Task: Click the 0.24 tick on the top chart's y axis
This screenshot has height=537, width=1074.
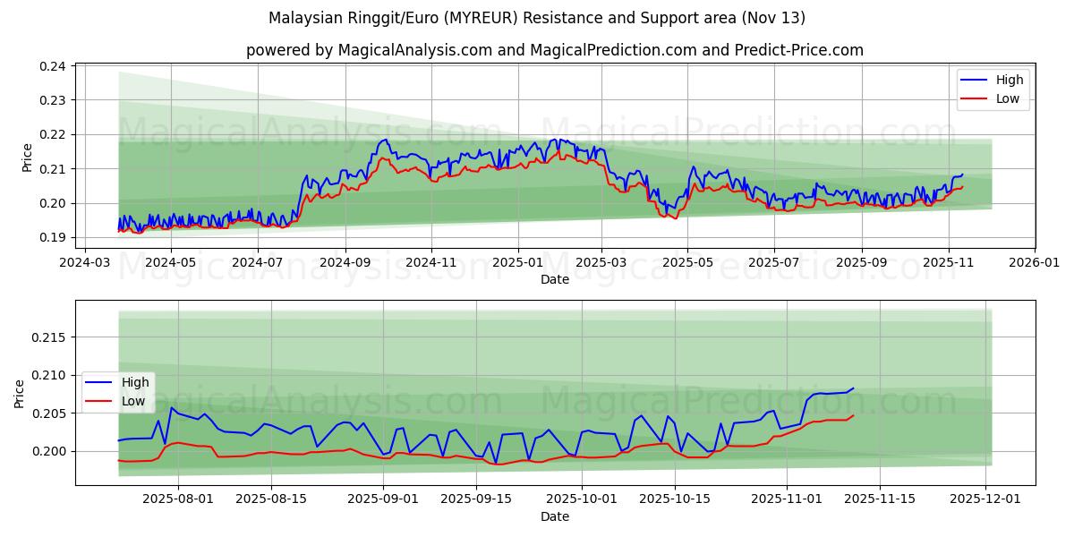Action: [x=53, y=66]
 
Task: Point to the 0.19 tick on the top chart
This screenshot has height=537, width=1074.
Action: [x=53, y=238]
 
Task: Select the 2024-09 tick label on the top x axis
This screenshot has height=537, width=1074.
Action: [x=345, y=263]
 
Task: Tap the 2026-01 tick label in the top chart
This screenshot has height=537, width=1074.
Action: [x=1035, y=263]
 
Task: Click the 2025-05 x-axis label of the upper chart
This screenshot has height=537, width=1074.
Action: [x=687, y=263]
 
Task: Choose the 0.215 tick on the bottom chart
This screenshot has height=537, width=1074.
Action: [x=49, y=337]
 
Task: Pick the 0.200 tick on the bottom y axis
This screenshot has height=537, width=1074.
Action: [x=49, y=452]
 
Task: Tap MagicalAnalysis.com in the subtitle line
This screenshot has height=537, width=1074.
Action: [x=414, y=50]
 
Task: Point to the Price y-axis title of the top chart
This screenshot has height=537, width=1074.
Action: [x=27, y=157]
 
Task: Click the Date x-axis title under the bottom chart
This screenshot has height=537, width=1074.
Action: [x=555, y=517]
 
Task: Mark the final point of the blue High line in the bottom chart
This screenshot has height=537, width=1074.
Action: [x=853, y=388]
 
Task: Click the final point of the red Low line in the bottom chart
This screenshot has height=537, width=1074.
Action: [x=853, y=415]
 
